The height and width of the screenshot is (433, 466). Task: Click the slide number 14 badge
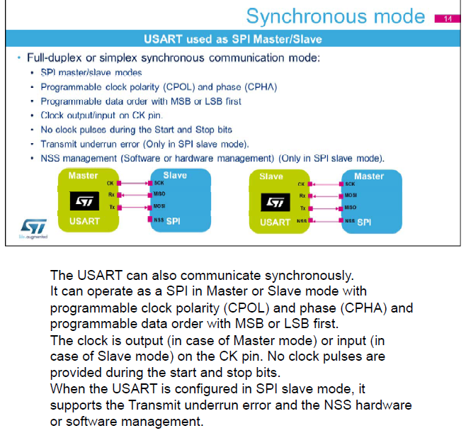tap(447, 18)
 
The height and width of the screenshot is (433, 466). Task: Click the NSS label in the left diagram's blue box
tap(159, 220)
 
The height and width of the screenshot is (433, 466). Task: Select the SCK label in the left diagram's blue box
tap(159, 183)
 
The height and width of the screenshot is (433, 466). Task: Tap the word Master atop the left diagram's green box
tap(83, 174)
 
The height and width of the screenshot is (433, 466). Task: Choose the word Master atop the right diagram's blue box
tap(368, 176)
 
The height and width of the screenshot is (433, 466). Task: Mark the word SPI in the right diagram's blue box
tap(364, 222)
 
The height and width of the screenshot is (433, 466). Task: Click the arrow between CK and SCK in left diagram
tap(135, 183)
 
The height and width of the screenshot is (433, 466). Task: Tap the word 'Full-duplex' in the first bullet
tap(55, 57)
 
